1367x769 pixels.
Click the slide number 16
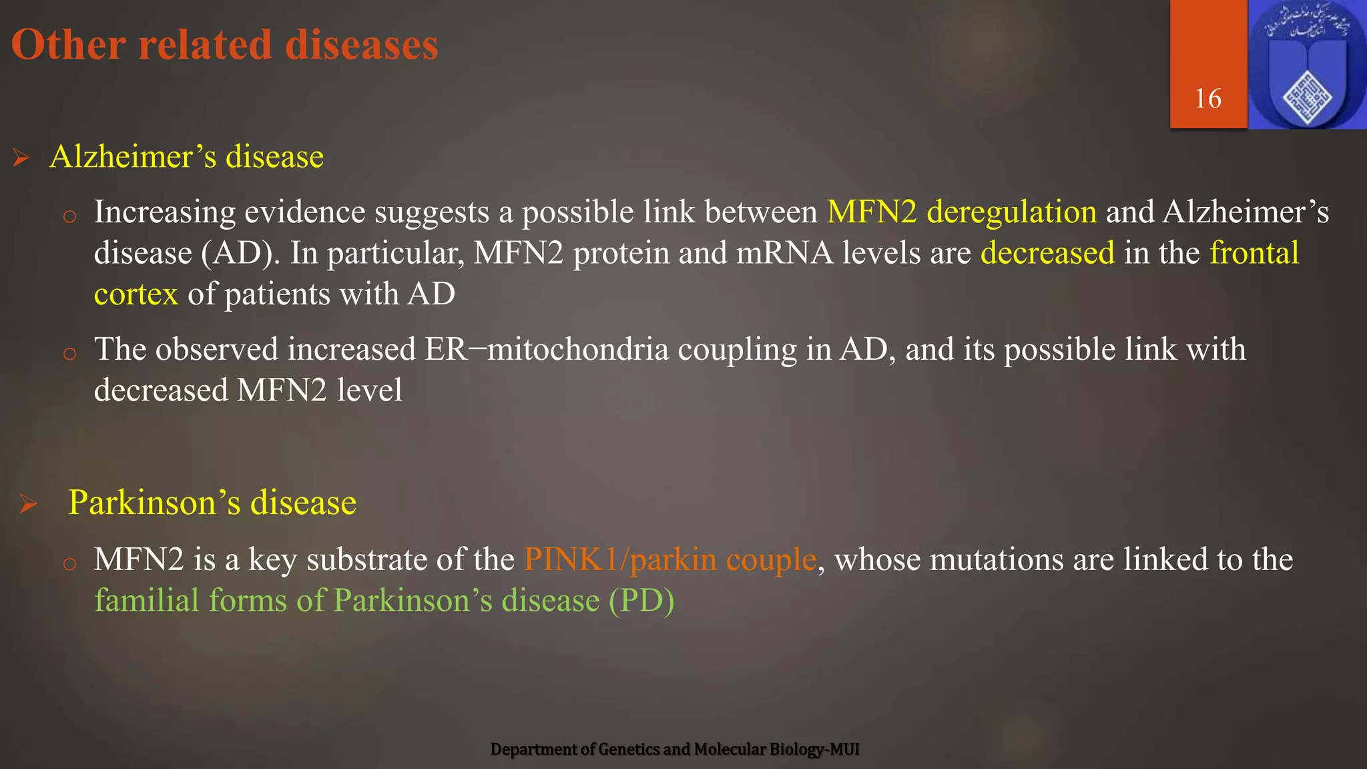(x=1208, y=99)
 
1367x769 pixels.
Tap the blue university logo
(x=1307, y=65)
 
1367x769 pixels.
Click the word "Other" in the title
(x=68, y=45)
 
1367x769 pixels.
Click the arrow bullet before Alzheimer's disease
(x=21, y=158)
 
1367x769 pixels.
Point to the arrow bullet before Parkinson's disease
(x=28, y=503)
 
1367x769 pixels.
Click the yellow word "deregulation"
(x=1011, y=212)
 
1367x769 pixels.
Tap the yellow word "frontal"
(x=1254, y=253)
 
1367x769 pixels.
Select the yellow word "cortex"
(x=136, y=294)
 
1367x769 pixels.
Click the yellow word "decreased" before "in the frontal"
(x=1047, y=253)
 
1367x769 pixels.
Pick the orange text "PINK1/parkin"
(x=620, y=559)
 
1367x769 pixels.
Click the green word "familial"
(x=147, y=600)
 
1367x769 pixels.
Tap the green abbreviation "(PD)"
(x=641, y=600)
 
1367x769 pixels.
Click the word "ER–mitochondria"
(x=546, y=349)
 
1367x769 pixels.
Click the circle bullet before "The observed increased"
(x=69, y=353)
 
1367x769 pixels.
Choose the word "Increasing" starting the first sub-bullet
(x=164, y=212)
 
